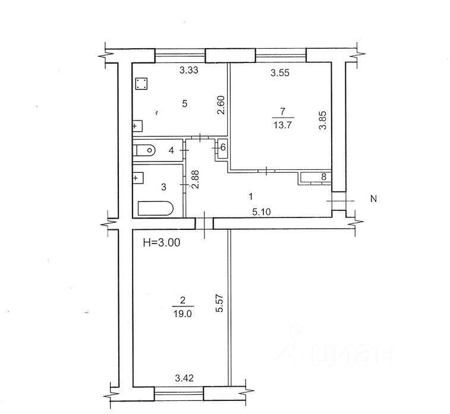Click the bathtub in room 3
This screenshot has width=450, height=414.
pos(156,208)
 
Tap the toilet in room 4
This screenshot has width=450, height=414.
pos(144,150)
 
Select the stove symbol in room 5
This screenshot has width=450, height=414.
pos(141,84)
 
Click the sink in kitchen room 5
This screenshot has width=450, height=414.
pos(137,126)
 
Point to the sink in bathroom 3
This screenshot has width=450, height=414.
pos(138,178)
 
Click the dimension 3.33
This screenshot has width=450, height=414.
pos(189,70)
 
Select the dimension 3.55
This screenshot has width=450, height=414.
pos(280,73)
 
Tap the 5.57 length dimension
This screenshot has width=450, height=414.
pos(220,304)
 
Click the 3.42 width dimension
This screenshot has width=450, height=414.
pos(184,378)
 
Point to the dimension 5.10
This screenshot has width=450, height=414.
pos(262,212)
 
